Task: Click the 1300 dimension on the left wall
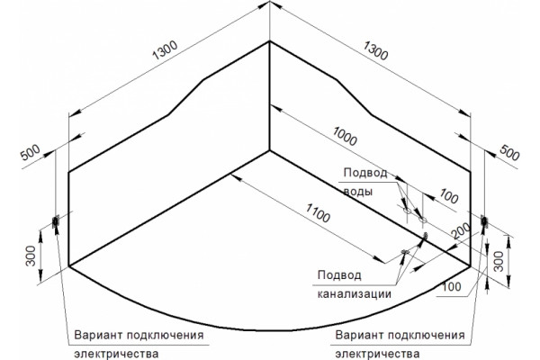pyautogui.click(x=165, y=50)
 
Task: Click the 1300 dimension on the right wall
pyautogui.click(x=375, y=50)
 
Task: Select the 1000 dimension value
pyautogui.click(x=345, y=136)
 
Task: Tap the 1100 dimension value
pyautogui.click(x=318, y=212)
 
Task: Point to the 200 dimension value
pyautogui.click(x=461, y=230)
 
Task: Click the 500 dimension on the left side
pyautogui.click(x=31, y=153)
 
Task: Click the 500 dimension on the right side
pyautogui.click(x=509, y=153)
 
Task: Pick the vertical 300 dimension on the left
pyautogui.click(x=31, y=256)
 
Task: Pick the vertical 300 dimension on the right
pyautogui.click(x=499, y=261)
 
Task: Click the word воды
pyautogui.click(x=358, y=192)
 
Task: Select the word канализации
pyautogui.click(x=354, y=294)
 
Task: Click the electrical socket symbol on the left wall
pyautogui.click(x=55, y=221)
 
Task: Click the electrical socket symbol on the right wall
pyautogui.click(x=484, y=221)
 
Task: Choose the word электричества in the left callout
pyautogui.click(x=116, y=354)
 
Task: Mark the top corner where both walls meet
pyautogui.click(x=269, y=41)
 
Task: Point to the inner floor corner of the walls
pyautogui.click(x=269, y=150)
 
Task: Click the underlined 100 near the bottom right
pyautogui.click(x=451, y=286)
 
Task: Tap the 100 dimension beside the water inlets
pyautogui.click(x=449, y=197)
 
